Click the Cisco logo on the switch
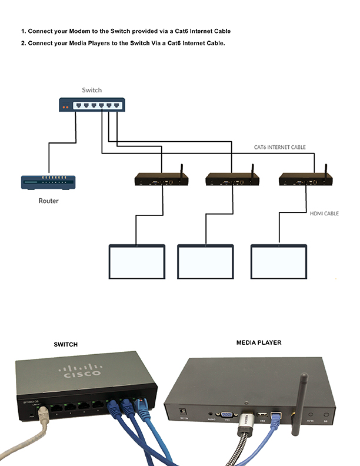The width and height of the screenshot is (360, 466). click(82, 372)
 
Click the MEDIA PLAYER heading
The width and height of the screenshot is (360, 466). click(259, 342)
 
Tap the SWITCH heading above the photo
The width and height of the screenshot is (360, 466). click(65, 344)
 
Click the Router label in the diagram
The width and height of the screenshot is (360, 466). click(48, 201)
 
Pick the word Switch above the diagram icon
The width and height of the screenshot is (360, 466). click(92, 90)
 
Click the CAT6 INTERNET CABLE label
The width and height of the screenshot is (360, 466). click(279, 147)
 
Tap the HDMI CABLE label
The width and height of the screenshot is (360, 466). click(324, 214)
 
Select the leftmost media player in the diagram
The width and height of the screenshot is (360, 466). click(159, 179)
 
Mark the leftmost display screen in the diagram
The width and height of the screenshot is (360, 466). click(136, 261)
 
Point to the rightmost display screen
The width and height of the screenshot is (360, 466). click(279, 261)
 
